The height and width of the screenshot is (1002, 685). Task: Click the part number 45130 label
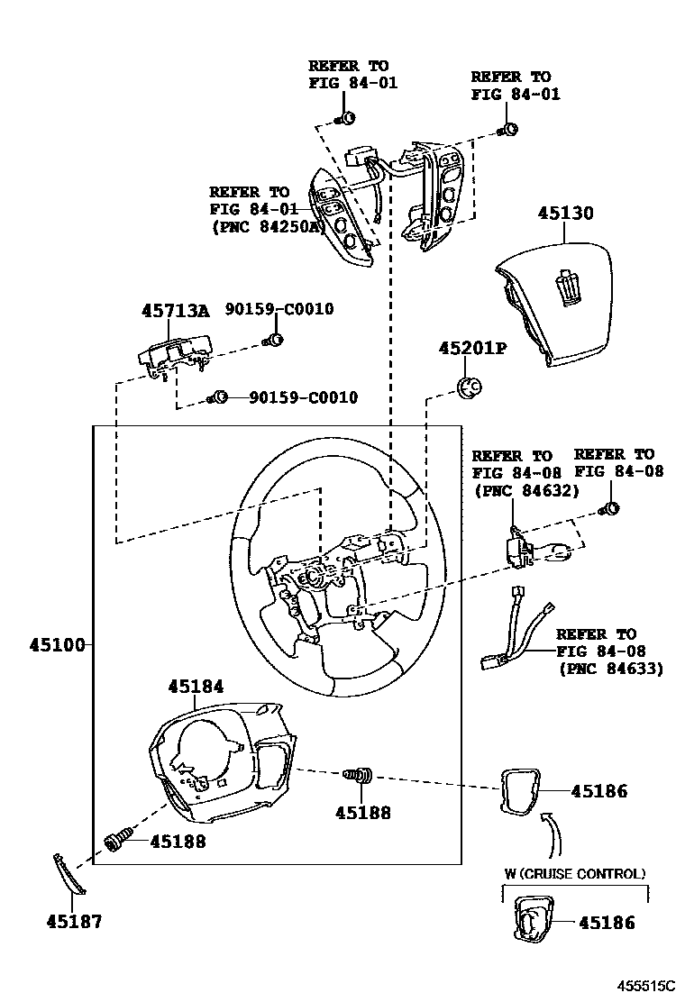point(566,214)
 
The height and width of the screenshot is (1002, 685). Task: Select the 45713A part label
point(175,311)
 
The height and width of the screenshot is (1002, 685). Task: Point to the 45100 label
point(57,645)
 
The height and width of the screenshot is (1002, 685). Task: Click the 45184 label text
point(196,687)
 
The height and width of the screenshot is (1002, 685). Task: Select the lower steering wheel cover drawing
point(221,762)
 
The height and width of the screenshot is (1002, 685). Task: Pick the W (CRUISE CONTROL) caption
point(574,874)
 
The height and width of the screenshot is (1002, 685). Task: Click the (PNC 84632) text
point(525,489)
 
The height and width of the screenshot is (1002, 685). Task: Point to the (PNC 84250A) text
point(267,226)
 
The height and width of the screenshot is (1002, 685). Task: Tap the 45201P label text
point(472,348)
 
